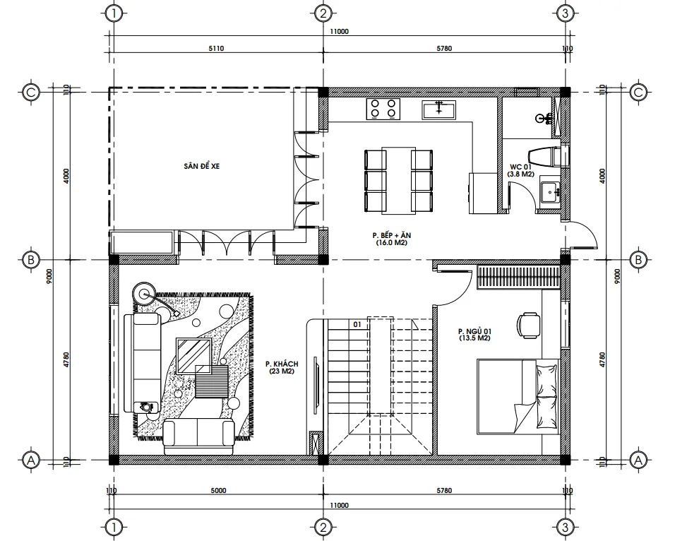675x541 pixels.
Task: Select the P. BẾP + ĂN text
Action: point(391,237)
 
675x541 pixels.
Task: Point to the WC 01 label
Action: point(520,170)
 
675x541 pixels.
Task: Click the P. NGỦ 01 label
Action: point(474,334)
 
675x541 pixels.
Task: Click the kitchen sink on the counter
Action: point(439,109)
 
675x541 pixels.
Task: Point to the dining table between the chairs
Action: point(395,180)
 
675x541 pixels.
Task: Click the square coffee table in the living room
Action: point(193,355)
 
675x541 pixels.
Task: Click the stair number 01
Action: point(357,326)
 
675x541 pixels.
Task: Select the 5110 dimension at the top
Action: point(216,49)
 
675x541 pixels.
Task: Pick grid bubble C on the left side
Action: point(30,93)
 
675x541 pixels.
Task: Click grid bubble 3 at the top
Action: point(564,13)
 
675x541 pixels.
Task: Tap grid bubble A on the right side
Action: point(638,460)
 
